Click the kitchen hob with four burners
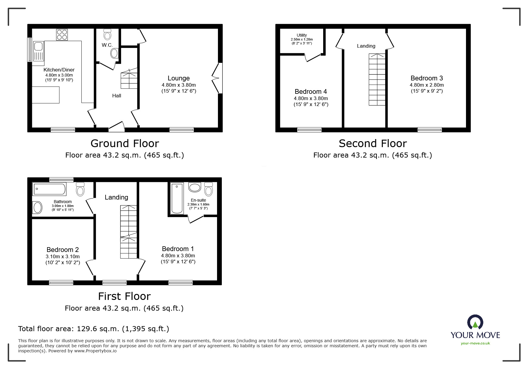coord(62,35)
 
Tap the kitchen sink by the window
coord(38,51)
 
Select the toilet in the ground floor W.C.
coord(107,34)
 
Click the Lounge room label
coord(179,78)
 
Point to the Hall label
coord(117,96)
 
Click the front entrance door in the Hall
coord(117,127)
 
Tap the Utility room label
coord(302,35)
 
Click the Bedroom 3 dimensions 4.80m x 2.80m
coord(427,85)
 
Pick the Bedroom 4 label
coord(311,91)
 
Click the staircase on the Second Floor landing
coord(377,80)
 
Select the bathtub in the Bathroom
coord(49,189)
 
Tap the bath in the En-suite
coord(177,198)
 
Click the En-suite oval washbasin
coord(195,188)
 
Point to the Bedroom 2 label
coord(63,250)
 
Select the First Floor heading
coord(124,296)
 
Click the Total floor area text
coord(94,328)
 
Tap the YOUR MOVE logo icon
coord(475,322)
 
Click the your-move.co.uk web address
coord(475,343)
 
